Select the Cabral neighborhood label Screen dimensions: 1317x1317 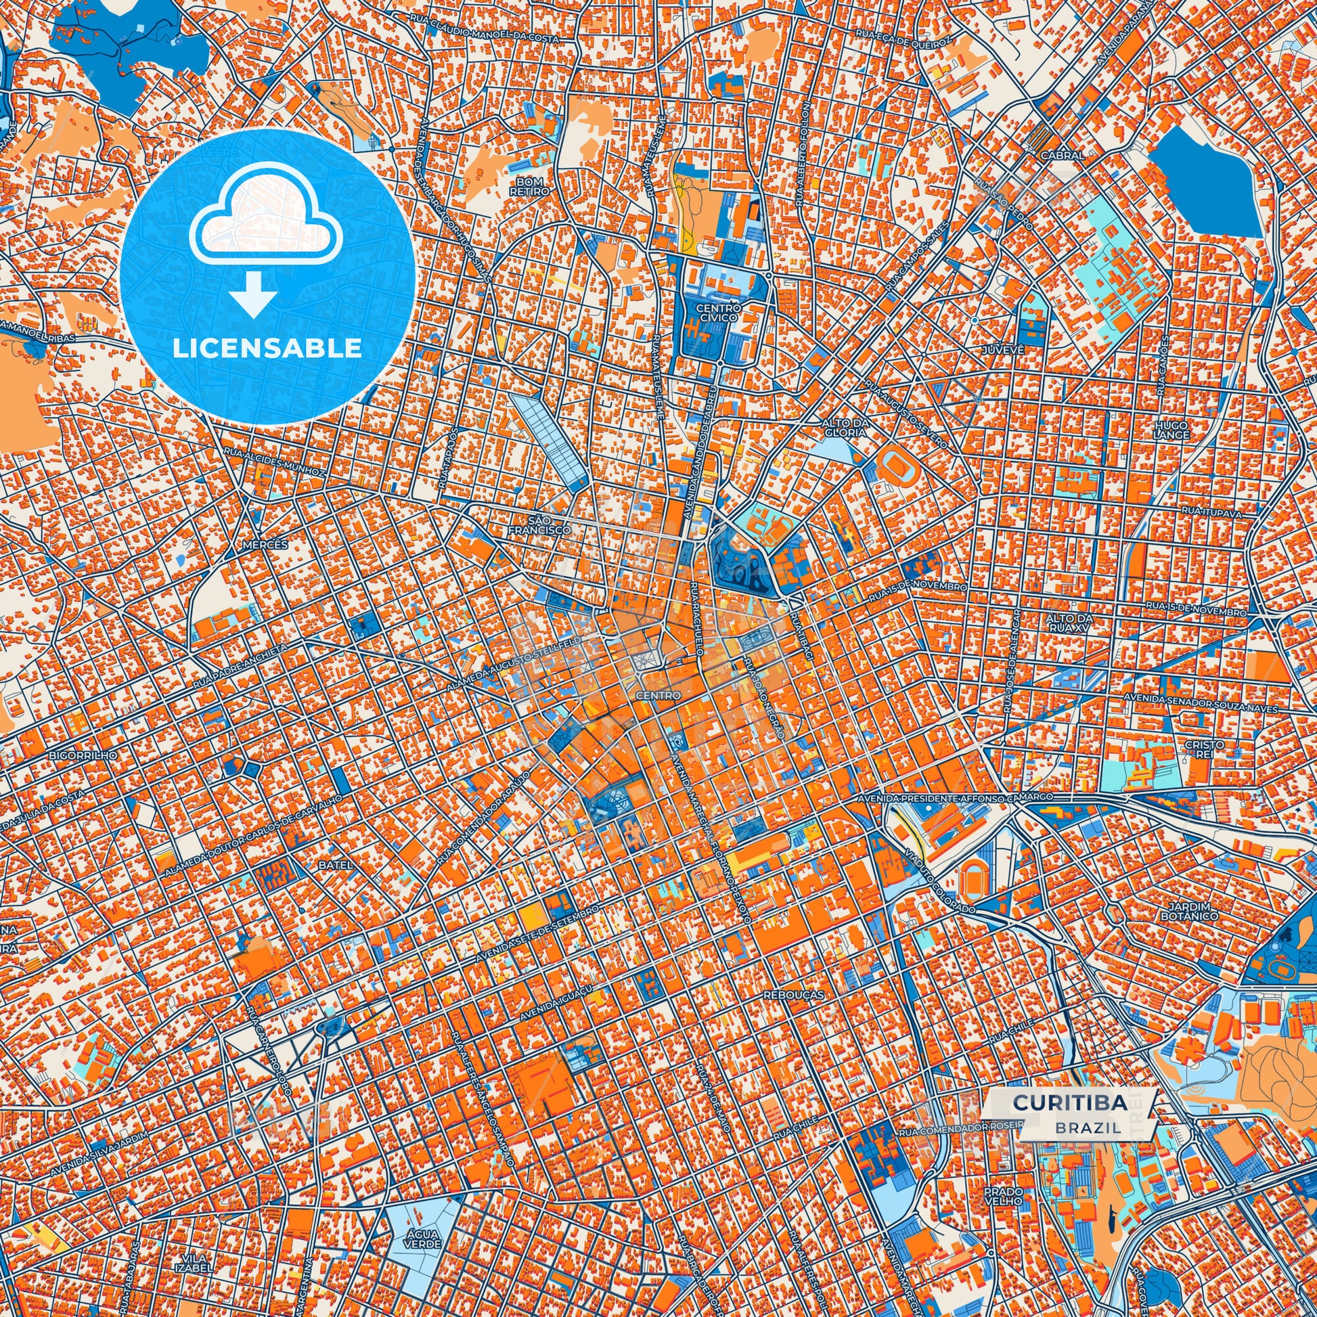click(x=1062, y=155)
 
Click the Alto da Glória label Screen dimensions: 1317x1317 click(x=844, y=428)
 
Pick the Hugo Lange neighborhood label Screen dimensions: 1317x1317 click(x=1171, y=430)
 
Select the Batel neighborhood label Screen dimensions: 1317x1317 click(x=336, y=865)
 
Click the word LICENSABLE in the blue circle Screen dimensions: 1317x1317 click(x=267, y=349)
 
